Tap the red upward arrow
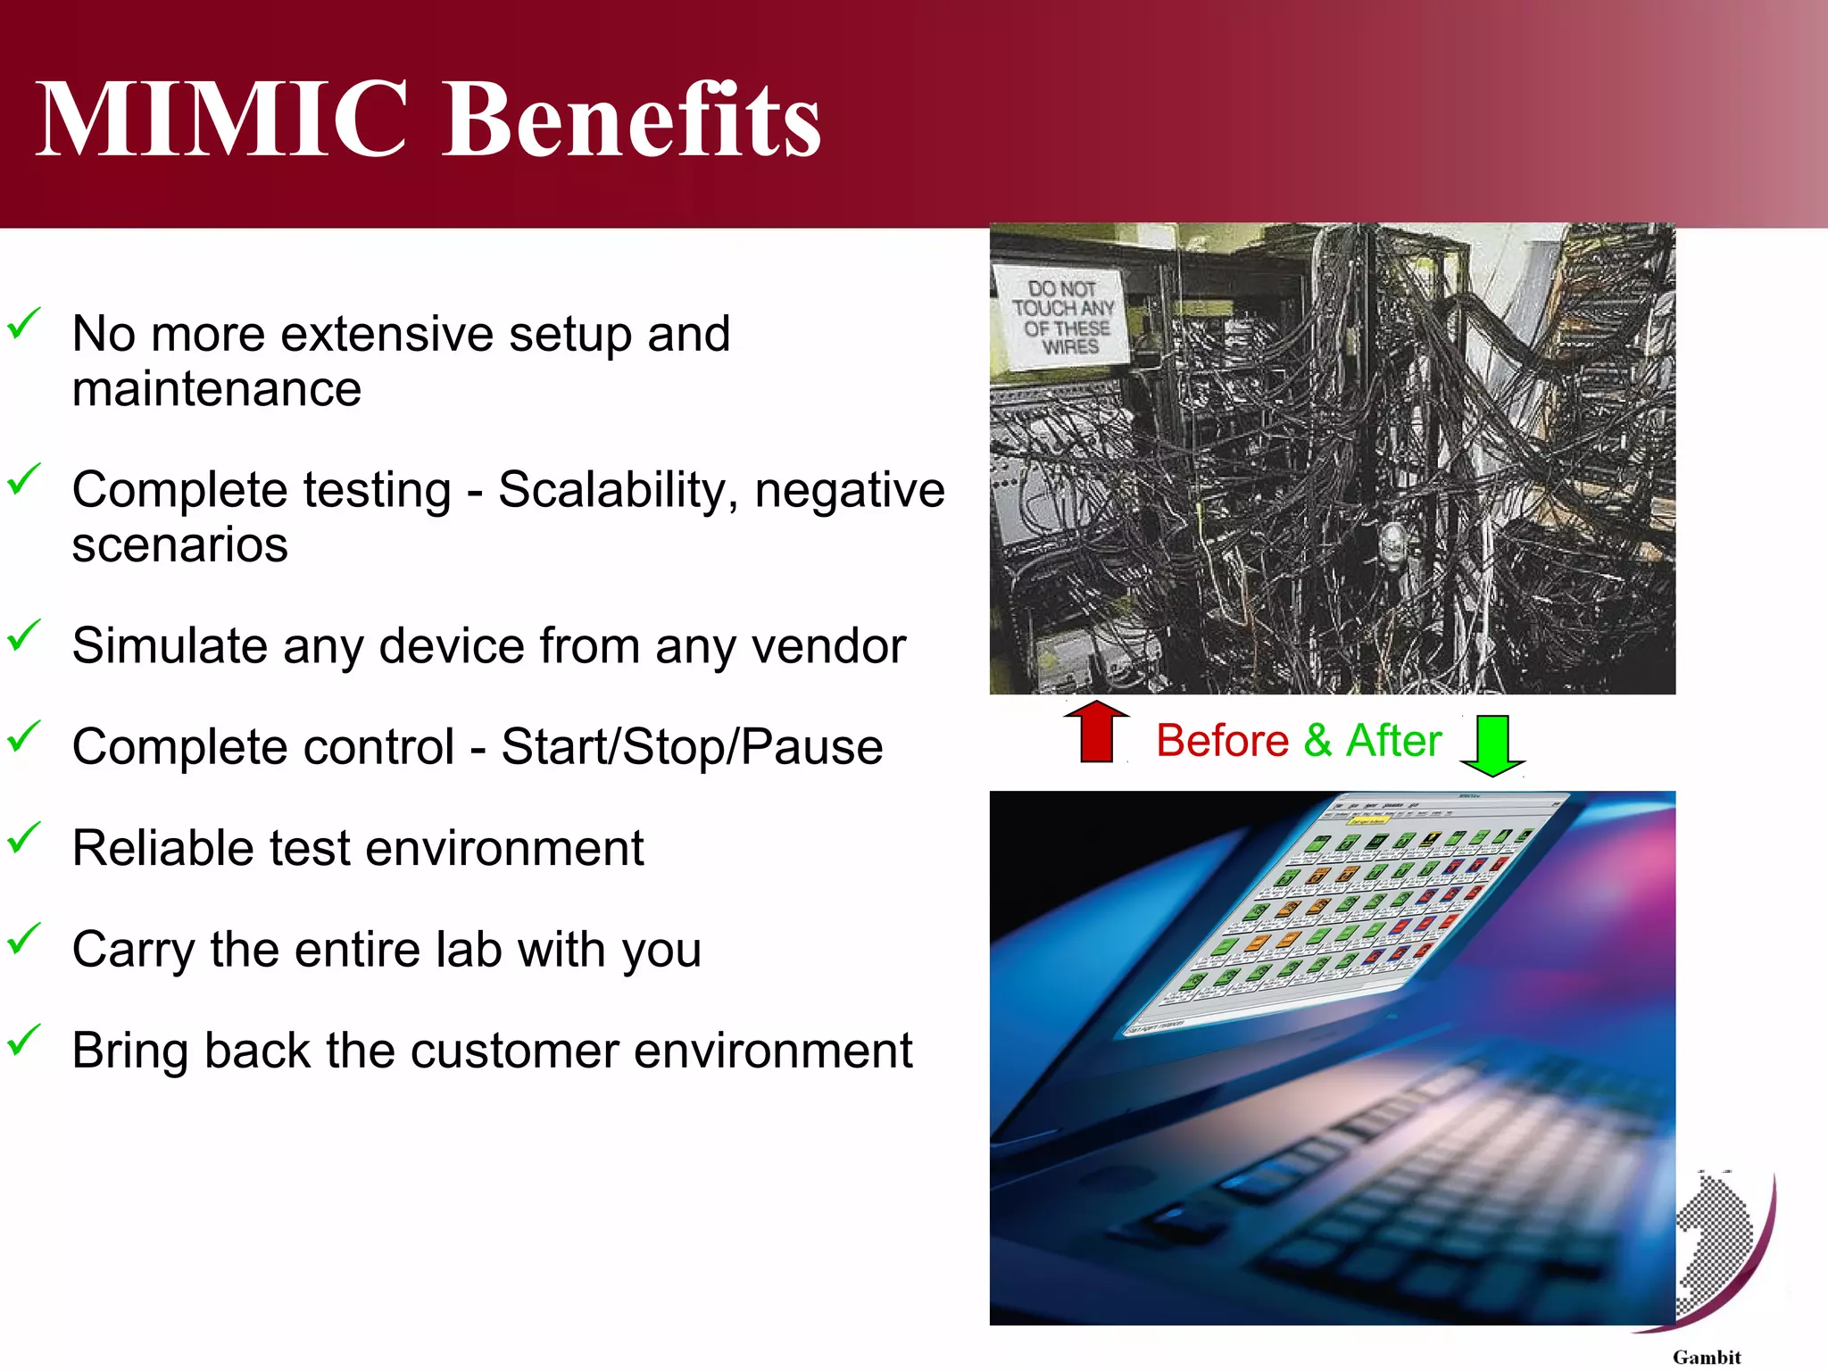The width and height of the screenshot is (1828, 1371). click(1096, 732)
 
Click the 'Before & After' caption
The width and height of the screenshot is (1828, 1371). click(1298, 741)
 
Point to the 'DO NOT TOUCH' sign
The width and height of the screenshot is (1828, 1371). click(1062, 317)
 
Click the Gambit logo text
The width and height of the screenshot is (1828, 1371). click(1706, 1357)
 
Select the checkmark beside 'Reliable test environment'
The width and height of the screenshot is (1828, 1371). click(24, 838)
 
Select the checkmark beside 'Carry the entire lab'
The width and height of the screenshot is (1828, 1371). click(24, 939)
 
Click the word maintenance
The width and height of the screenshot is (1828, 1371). click(217, 389)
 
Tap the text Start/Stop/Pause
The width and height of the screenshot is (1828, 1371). click(692, 746)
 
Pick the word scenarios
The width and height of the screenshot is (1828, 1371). click(179, 545)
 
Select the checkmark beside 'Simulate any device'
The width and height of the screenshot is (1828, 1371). click(24, 636)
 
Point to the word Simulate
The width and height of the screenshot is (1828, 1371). click(169, 645)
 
